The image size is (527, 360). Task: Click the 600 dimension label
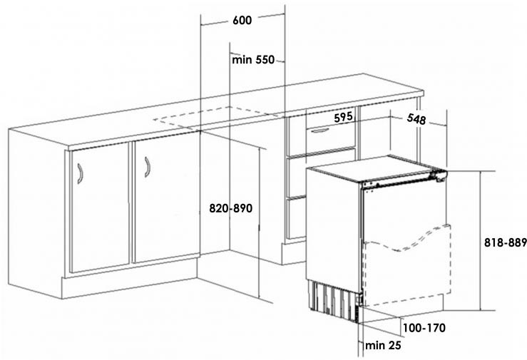pyautogui.click(x=242, y=21)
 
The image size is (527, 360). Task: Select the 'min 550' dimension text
pyautogui.click(x=253, y=60)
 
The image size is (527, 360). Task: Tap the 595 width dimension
pyautogui.click(x=344, y=117)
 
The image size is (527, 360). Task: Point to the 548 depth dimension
pyautogui.click(x=416, y=120)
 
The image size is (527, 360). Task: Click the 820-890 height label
pyautogui.click(x=231, y=209)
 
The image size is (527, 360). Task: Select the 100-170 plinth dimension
pyautogui.click(x=424, y=329)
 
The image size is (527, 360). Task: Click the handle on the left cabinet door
pyautogui.click(x=80, y=173)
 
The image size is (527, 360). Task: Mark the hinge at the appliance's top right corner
pyautogui.click(x=439, y=175)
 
